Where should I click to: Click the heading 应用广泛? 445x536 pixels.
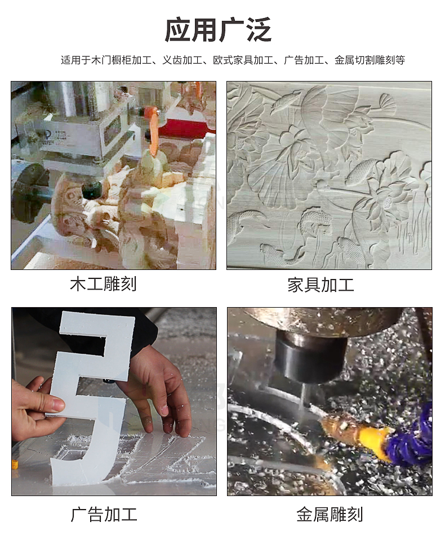click(218, 30)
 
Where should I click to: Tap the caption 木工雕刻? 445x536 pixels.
click(104, 284)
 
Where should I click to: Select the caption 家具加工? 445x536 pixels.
click(321, 285)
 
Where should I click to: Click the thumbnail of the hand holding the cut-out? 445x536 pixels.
click(114, 402)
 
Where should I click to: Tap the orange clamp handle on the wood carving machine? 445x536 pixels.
click(153, 125)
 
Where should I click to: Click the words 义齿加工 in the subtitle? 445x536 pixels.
click(183, 60)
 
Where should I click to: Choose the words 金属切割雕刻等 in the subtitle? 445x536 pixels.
click(370, 60)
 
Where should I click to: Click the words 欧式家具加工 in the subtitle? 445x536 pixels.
click(243, 60)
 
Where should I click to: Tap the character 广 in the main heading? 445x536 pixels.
click(231, 30)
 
